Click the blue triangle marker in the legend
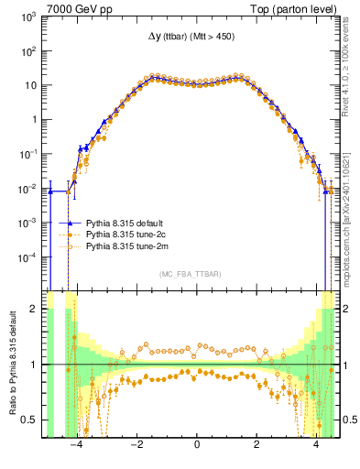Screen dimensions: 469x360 point(69,223)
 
